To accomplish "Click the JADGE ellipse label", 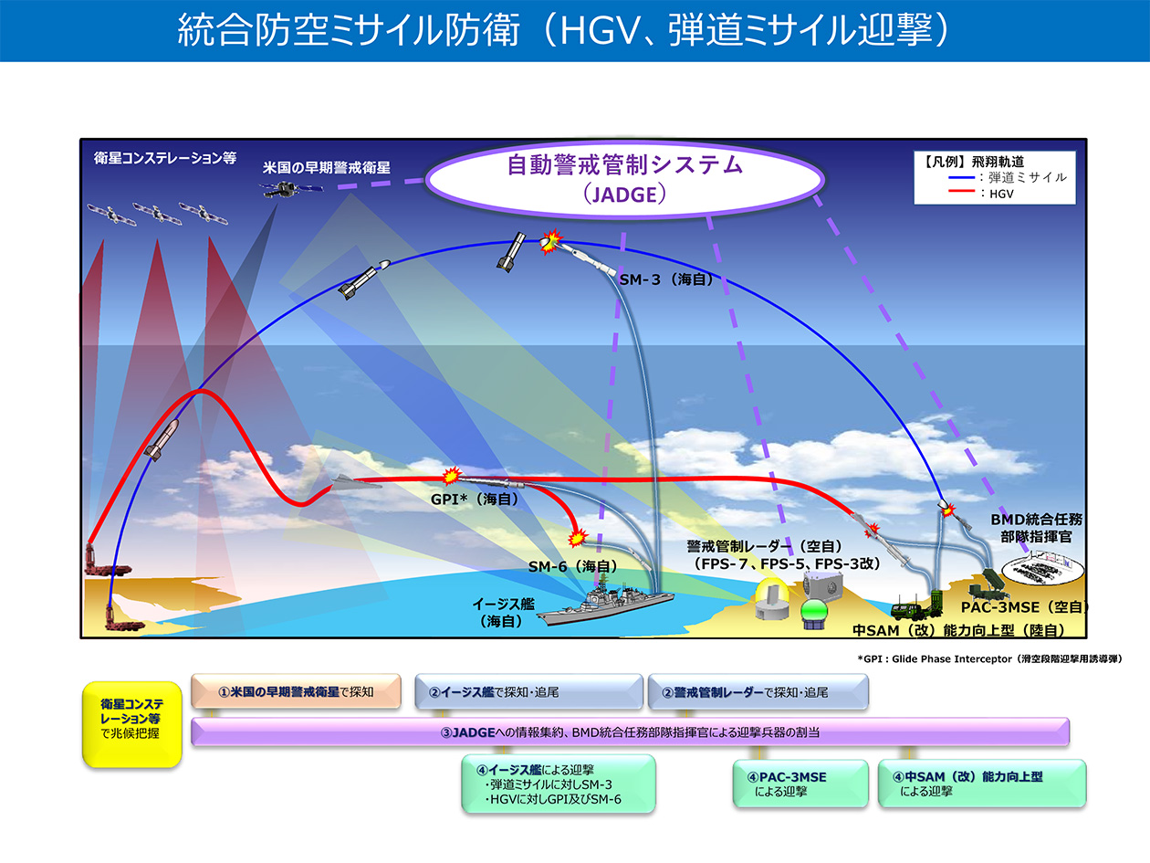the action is tap(624, 179).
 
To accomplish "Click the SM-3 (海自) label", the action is tap(666, 279).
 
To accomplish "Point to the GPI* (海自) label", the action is tap(474, 499).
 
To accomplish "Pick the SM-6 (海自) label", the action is tap(572, 566).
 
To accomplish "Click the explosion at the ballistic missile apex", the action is tap(550, 241).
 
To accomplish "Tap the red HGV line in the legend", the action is tap(961, 191).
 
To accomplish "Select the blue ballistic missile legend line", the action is tap(961, 178).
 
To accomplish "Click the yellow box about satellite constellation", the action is tap(132, 725).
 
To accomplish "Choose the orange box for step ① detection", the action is tap(296, 691).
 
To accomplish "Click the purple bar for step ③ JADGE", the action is tap(630, 732).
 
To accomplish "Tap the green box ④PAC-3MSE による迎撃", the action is tap(800, 784).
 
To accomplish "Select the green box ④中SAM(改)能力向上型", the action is tap(982, 784).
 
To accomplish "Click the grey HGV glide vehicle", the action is tap(356, 482).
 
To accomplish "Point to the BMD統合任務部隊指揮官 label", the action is tap(1036, 528).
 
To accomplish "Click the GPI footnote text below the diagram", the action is tap(989, 658).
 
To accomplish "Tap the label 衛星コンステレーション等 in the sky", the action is tap(165, 158).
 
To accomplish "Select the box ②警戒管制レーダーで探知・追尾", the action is tap(758, 691).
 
